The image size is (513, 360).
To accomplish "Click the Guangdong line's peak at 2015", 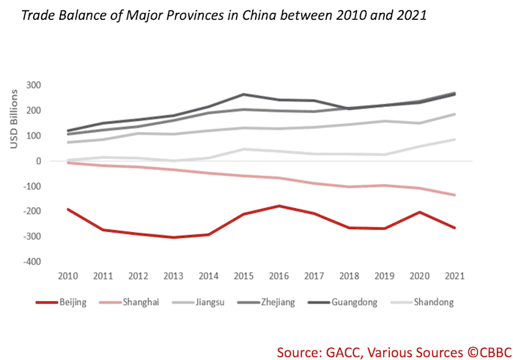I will coord(243,95).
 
